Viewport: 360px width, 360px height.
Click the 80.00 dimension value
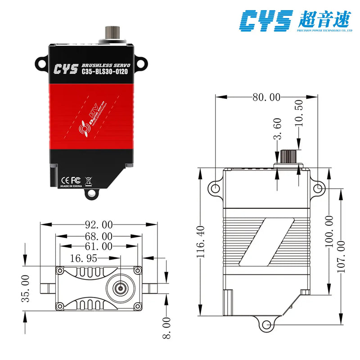point(265,97)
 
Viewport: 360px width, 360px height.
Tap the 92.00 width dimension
point(98,224)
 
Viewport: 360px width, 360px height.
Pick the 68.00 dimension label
point(98,236)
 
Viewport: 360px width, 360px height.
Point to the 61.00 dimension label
point(98,246)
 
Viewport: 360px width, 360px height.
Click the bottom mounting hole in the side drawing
point(266,324)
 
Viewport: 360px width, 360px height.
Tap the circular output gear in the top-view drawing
point(120,287)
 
